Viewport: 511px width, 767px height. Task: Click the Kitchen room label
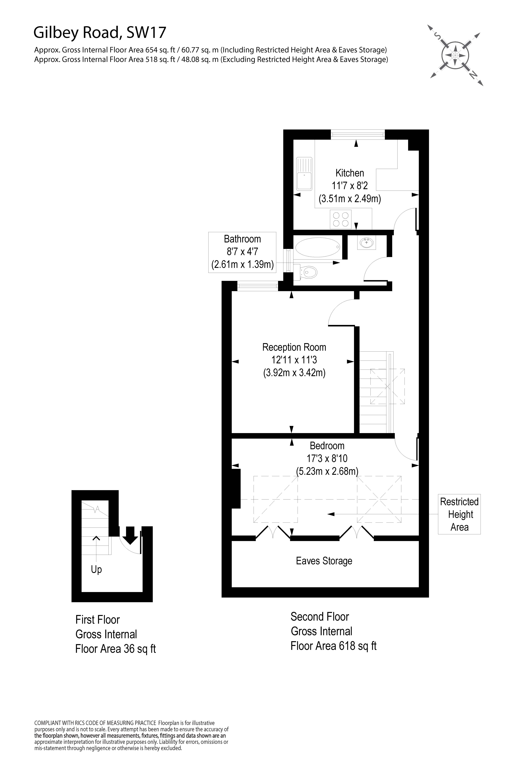pyautogui.click(x=350, y=173)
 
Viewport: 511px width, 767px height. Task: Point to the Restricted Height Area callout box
pyautogui.click(x=459, y=514)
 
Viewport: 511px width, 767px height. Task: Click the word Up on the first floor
pyautogui.click(x=97, y=569)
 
